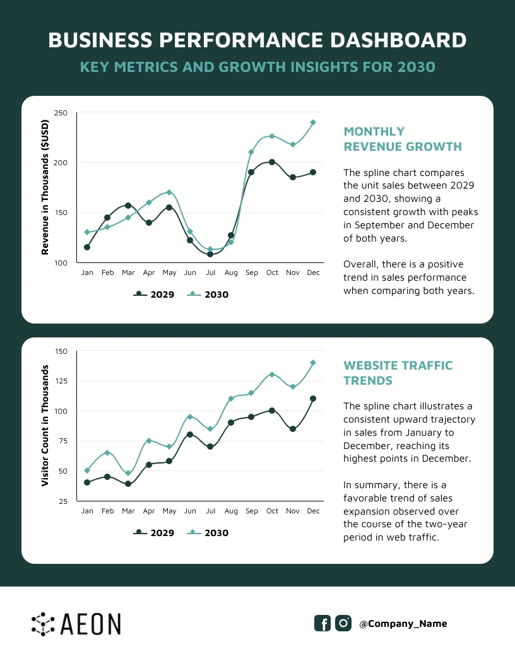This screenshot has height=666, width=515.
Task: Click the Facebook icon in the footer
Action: pyautogui.click(x=323, y=623)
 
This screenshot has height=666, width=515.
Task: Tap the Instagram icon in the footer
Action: pyautogui.click(x=343, y=623)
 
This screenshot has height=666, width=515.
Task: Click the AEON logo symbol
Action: pyautogui.click(x=43, y=623)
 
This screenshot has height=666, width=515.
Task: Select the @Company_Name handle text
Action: pyautogui.click(x=403, y=624)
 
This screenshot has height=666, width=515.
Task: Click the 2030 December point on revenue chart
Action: pyautogui.click(x=313, y=122)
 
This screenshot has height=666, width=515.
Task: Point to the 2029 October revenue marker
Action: pyautogui.click(x=272, y=162)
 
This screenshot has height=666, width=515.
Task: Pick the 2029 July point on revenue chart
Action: pyautogui.click(x=210, y=254)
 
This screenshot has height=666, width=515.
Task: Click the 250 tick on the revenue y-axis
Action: pyautogui.click(x=61, y=113)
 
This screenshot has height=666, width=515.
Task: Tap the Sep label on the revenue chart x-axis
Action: pyautogui.click(x=251, y=272)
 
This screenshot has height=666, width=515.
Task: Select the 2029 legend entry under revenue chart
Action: pyautogui.click(x=154, y=295)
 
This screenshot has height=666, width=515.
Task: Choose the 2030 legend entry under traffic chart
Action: pyautogui.click(x=209, y=533)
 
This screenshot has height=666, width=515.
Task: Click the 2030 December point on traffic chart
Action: pyautogui.click(x=313, y=363)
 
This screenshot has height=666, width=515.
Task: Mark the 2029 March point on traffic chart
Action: pyautogui.click(x=128, y=484)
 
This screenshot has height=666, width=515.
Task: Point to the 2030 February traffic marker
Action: pyautogui.click(x=107, y=453)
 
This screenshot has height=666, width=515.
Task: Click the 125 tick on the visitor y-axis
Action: pyautogui.click(x=61, y=381)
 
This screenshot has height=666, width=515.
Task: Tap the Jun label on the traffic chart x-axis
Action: pyautogui.click(x=189, y=511)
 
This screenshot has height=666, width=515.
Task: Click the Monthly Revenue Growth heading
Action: pyautogui.click(x=402, y=139)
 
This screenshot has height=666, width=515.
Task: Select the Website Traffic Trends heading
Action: pyautogui.click(x=398, y=373)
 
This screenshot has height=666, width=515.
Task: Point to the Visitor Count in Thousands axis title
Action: pyautogui.click(x=45, y=426)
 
